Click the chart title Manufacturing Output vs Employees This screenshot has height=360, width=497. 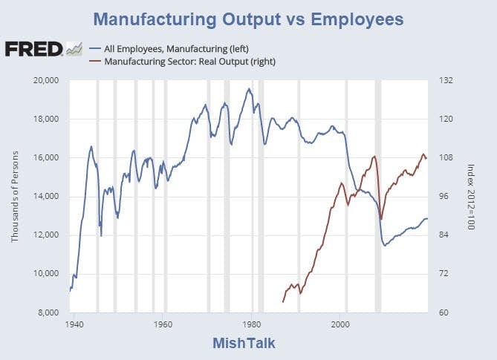click(x=248, y=18)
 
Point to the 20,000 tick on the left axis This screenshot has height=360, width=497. click(x=47, y=80)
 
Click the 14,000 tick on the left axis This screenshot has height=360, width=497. click(x=47, y=196)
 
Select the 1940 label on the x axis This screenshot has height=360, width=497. click(x=74, y=324)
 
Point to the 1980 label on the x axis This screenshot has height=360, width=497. click(x=253, y=324)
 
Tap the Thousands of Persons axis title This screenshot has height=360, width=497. click(x=16, y=196)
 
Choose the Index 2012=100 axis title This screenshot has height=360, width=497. click(x=470, y=196)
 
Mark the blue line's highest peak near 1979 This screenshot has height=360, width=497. click(x=249, y=89)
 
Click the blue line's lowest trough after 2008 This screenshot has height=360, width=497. click(x=385, y=245)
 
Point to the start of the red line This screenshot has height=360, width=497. click(x=283, y=302)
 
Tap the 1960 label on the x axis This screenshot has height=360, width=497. click(x=163, y=324)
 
